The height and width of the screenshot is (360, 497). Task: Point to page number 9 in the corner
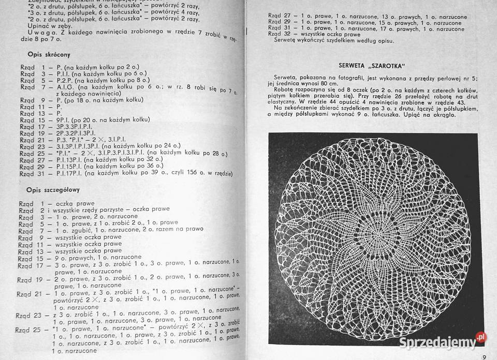pyautogui.click(x=484, y=356)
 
